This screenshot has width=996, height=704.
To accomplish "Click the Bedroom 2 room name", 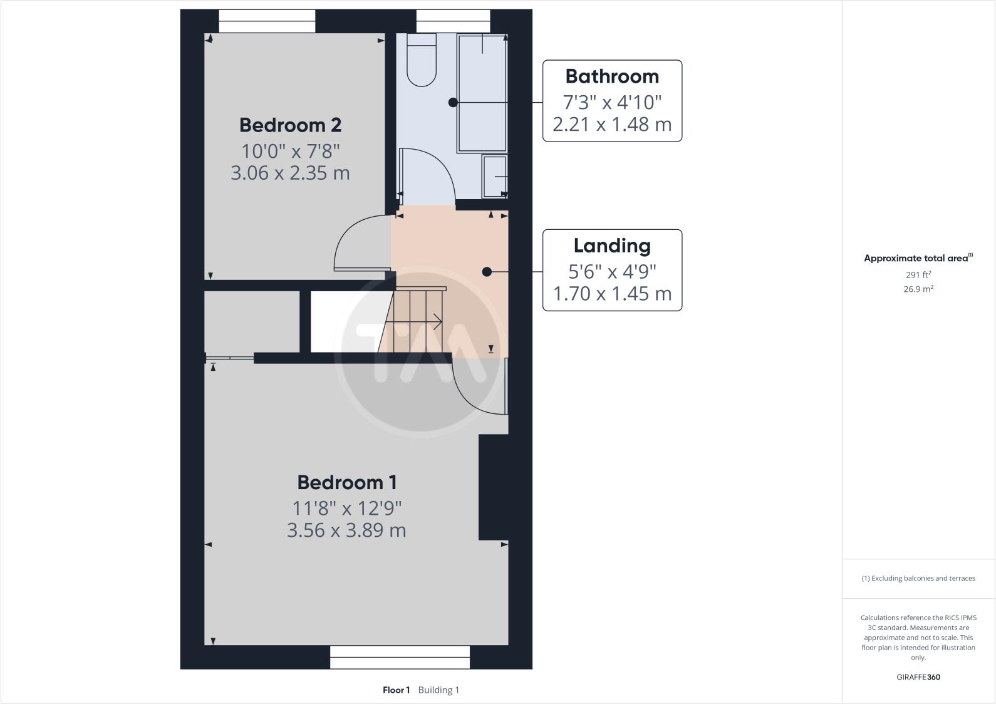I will pos(290,125).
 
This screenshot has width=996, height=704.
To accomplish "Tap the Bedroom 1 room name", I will pos(346,482).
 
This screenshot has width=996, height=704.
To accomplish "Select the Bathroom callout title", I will pos(612,76).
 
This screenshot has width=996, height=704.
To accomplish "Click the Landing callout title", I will pos(612,246).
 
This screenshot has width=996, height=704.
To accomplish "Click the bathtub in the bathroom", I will pos(482,93).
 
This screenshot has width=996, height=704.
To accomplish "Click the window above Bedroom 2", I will pos(267,22).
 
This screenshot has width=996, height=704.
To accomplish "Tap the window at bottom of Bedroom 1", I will pos(400,657).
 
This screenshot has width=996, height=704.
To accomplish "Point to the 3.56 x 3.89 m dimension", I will pos(346,531).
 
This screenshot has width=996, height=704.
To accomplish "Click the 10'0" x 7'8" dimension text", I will pos(290,151).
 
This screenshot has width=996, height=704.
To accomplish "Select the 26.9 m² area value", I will pos(918,289).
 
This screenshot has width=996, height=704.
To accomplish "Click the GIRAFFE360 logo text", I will pos(918,677).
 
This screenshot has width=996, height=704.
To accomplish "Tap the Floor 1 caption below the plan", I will pos(396,690).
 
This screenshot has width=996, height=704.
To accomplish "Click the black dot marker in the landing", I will pos(487,272).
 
